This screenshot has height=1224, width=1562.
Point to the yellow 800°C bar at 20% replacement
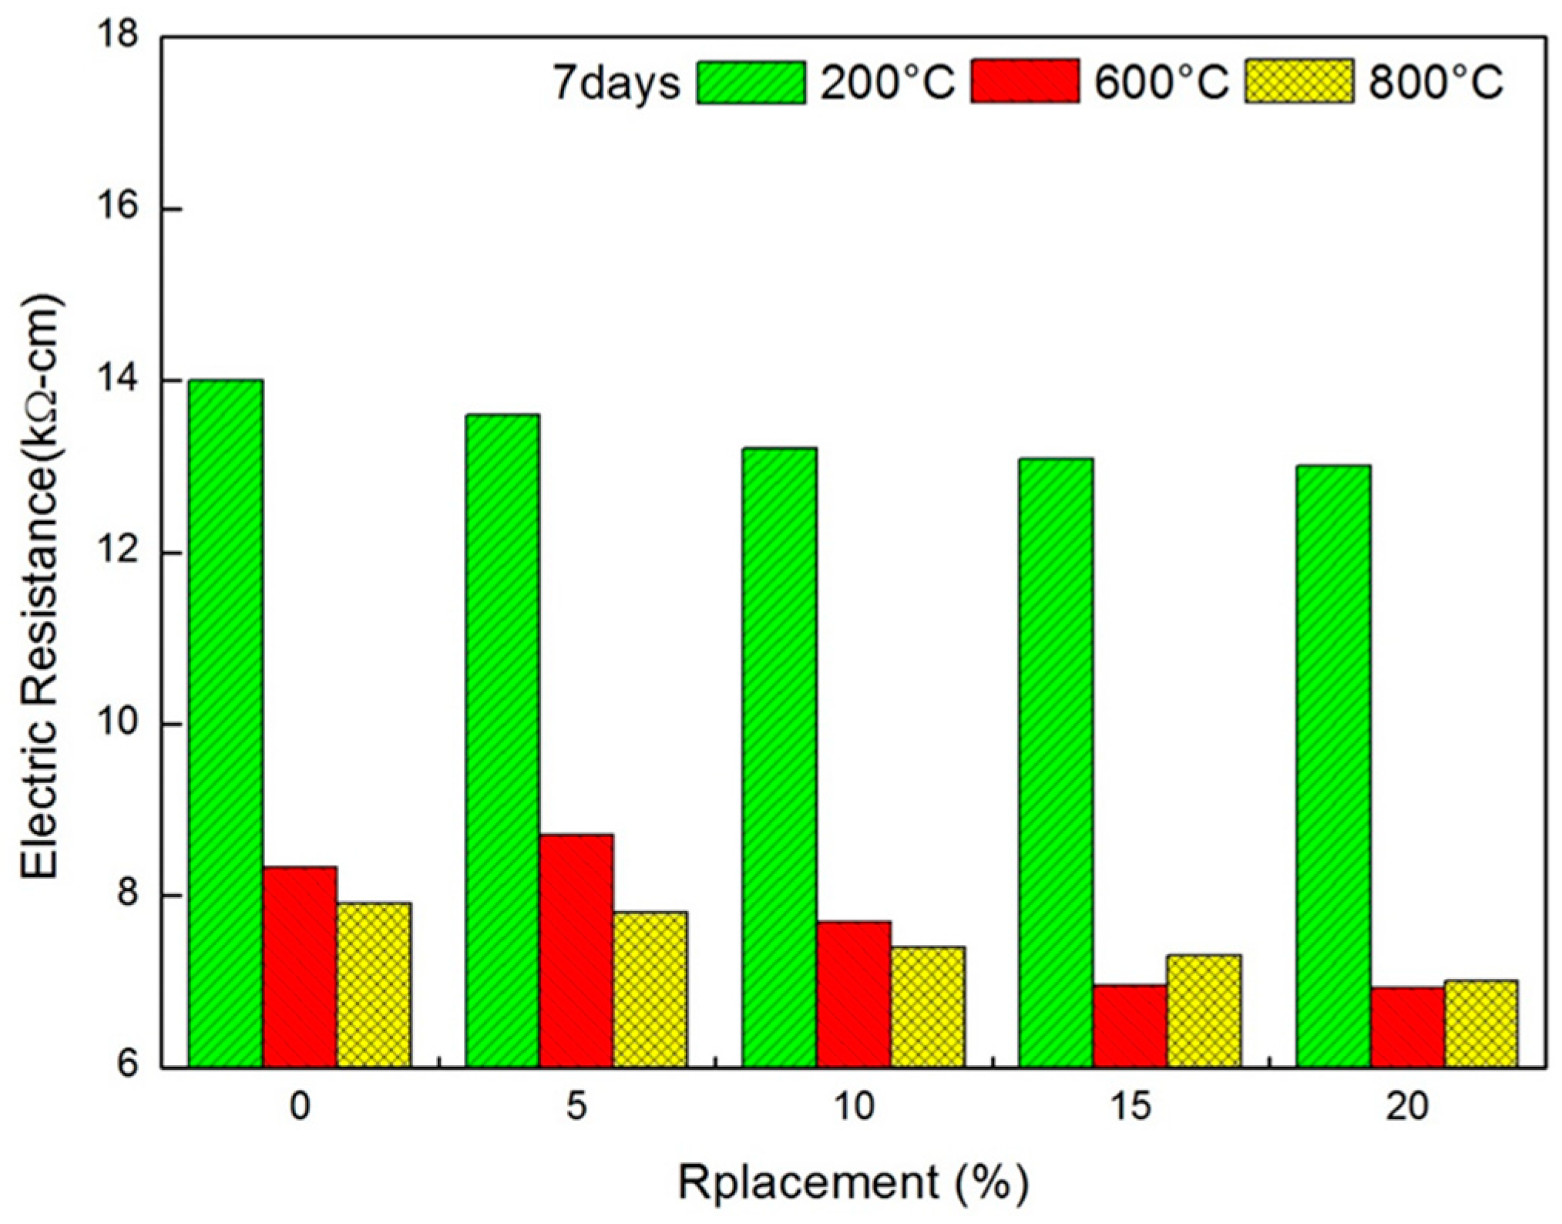(1480, 1024)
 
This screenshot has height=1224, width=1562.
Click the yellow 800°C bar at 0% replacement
(373, 984)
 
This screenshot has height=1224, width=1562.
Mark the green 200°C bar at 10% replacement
(779, 757)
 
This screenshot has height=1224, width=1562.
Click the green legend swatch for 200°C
(751, 81)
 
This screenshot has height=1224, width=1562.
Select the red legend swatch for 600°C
(1024, 81)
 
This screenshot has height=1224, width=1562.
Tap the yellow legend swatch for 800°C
(1298, 81)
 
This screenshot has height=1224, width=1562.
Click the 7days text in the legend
(617, 82)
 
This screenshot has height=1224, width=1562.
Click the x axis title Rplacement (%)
(853, 1181)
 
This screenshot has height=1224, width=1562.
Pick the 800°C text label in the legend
(1435, 82)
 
